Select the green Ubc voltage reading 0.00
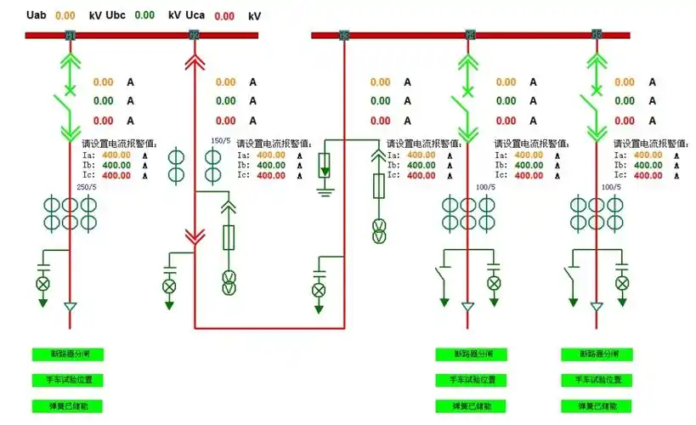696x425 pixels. click(x=144, y=15)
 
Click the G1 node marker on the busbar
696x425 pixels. click(x=70, y=35)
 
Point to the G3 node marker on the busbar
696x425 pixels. click(x=344, y=35)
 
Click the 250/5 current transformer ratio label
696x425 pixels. click(x=86, y=187)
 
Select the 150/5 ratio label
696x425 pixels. click(x=220, y=141)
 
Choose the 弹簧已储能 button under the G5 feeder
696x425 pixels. click(x=596, y=406)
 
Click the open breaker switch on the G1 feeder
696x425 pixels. click(x=63, y=106)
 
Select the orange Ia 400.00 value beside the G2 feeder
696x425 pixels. click(x=271, y=155)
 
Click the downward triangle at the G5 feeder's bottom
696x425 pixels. click(x=597, y=307)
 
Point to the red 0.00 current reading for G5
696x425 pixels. click(x=625, y=122)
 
